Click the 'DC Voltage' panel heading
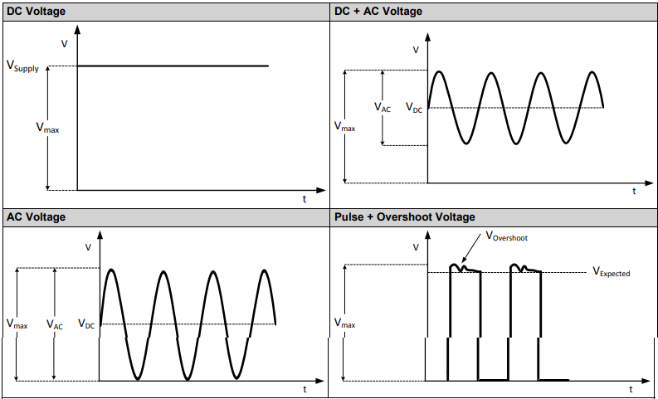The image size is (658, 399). pos(37,11)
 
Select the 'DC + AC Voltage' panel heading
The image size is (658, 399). pos(378,11)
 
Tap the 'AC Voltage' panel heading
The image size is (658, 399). pos(36,217)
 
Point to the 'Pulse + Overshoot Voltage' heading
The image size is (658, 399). pos(404,217)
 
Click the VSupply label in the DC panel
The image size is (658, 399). pos(22,67)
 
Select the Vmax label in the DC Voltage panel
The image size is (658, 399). pos(47,128)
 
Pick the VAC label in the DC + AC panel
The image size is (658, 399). pos(383,108)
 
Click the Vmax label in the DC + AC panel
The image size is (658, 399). pos(344,127)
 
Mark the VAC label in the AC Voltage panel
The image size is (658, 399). pos(55,325)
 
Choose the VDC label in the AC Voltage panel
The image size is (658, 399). pos(86,324)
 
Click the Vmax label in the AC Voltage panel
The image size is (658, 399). pos(17,324)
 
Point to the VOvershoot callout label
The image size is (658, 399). pos(505,237)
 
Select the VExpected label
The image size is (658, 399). pos(611,272)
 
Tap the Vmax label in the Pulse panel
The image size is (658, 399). pos(344,324)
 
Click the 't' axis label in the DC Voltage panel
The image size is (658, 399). pos(304,199)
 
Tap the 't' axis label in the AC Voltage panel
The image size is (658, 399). pos(304,389)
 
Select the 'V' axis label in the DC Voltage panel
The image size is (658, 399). pos(66,43)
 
